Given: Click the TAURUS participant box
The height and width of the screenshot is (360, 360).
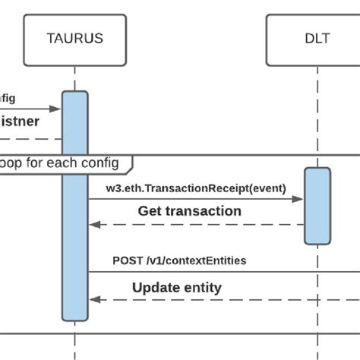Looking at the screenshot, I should pos(74,37).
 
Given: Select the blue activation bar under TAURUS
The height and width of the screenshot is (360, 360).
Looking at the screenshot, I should pos(74,205).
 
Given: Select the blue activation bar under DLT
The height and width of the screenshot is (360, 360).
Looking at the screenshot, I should pos(317,206).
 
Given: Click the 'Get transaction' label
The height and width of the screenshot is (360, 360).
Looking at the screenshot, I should pos(189,211).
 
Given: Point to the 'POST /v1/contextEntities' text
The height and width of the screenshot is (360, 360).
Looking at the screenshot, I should pos(179,261).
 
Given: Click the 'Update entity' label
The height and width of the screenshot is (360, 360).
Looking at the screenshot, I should pos(176,287).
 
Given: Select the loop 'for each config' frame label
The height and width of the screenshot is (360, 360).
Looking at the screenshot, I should pos(65,163).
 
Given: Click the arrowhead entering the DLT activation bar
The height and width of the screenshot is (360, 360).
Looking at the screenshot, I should pos(300,200).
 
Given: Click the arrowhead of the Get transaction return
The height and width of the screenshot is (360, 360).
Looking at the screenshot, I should pos(93,225).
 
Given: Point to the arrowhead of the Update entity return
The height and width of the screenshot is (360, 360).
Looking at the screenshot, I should pos(93,299).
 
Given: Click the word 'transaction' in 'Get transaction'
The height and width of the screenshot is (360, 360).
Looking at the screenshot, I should pos(203,211).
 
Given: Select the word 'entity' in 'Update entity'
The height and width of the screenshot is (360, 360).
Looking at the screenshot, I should pos(201,287).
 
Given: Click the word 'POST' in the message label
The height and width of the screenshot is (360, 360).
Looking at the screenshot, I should pos(127,261).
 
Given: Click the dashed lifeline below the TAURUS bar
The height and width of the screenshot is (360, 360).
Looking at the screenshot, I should pos(74,342).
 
